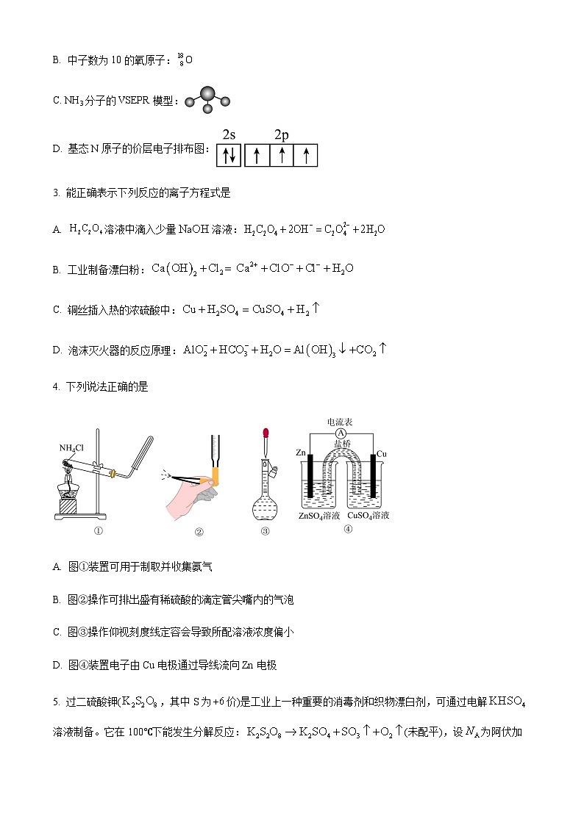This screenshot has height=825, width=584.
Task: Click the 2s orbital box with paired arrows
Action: [x=229, y=155]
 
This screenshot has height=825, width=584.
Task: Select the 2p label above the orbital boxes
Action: [x=282, y=134]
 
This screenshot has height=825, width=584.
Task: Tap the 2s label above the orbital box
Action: [x=229, y=134]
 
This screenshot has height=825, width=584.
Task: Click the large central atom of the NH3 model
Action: [x=207, y=94]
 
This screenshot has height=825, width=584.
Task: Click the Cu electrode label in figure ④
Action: [x=381, y=453]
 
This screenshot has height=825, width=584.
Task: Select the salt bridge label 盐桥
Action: [x=341, y=444]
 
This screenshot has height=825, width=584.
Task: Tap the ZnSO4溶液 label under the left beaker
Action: [x=318, y=516]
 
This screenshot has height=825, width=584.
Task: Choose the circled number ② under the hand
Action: [x=199, y=533]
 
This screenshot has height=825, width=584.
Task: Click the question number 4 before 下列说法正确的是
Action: [x=56, y=386]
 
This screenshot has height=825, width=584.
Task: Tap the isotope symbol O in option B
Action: [x=188, y=60]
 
